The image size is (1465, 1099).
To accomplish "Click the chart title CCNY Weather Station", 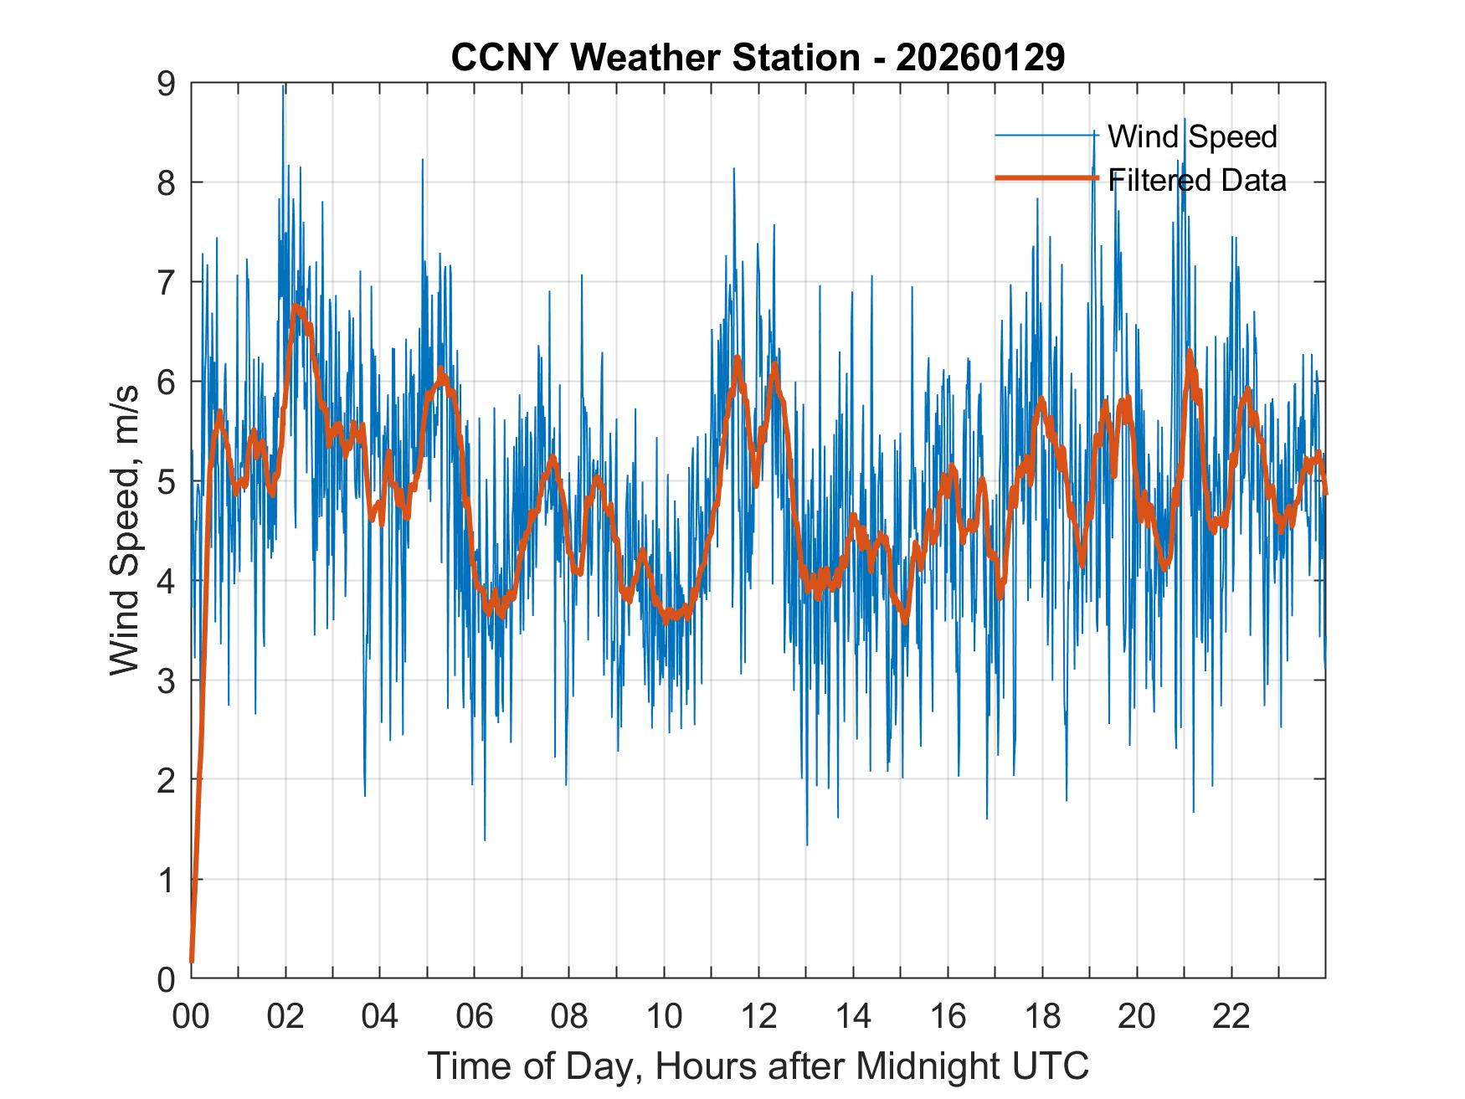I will (x=655, y=58).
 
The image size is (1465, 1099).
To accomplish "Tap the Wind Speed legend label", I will (x=1192, y=136).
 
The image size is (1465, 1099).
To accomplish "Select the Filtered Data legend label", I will (x=1197, y=180).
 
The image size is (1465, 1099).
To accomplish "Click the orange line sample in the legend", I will (x=1046, y=178).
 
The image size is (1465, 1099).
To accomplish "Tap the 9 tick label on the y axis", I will (x=167, y=84).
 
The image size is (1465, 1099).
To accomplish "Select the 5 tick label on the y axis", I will (x=167, y=481).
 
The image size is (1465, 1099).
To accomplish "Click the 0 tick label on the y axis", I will (x=167, y=978).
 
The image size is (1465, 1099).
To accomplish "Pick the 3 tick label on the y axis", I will (x=167, y=680).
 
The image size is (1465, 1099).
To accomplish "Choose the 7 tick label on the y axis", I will (x=167, y=283).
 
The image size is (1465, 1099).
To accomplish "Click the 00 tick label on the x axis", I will (x=191, y=1016).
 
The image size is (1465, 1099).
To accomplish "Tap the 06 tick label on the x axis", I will (x=475, y=1016).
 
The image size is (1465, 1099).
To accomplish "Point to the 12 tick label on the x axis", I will (x=758, y=1016).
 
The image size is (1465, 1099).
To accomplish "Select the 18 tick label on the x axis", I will (x=1042, y=1016).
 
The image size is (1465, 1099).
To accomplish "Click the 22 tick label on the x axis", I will (x=1231, y=1016).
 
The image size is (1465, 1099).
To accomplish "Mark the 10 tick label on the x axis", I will (x=664, y=1016).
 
